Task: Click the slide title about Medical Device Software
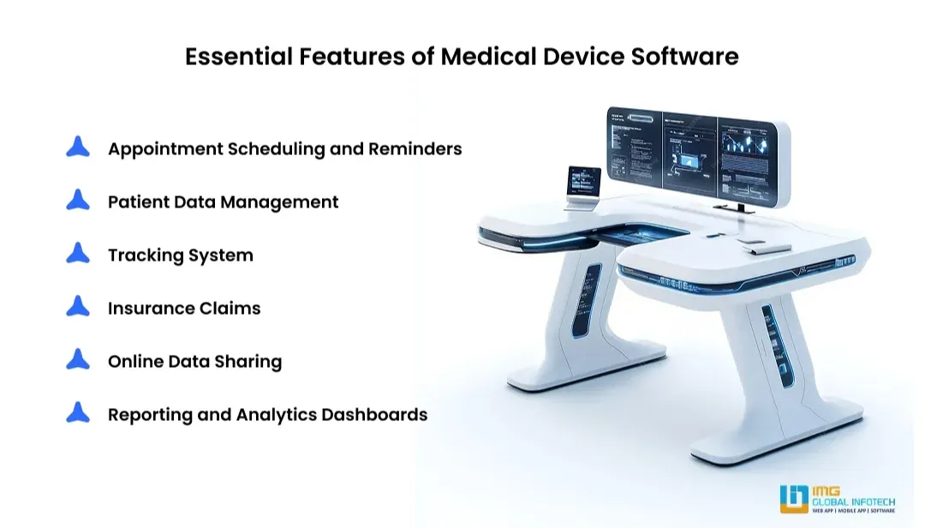click(462, 57)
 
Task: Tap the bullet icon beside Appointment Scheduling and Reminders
click(78, 147)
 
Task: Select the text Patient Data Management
click(223, 201)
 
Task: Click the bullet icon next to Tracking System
click(78, 254)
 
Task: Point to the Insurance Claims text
click(184, 308)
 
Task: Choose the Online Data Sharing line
click(194, 361)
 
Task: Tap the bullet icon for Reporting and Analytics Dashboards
click(78, 413)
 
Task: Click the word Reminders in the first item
click(415, 148)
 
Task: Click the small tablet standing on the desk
click(584, 185)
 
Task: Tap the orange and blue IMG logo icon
click(793, 499)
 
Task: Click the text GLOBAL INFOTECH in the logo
click(854, 501)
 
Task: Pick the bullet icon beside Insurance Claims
click(78, 307)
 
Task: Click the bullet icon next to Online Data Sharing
click(78, 360)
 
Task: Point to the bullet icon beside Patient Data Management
click(78, 201)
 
